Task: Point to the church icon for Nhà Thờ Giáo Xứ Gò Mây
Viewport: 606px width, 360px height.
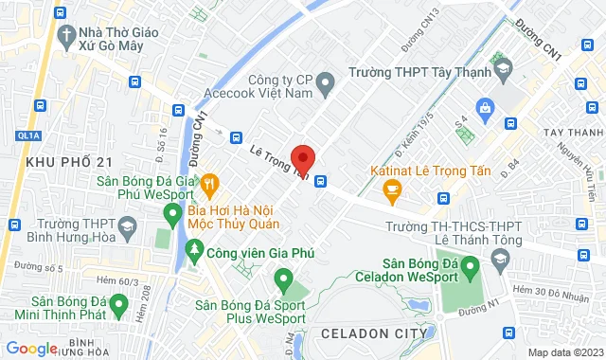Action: click(66, 38)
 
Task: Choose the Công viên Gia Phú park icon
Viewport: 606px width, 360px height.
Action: click(193, 252)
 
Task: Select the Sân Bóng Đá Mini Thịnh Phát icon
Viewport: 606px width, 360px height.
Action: click(118, 305)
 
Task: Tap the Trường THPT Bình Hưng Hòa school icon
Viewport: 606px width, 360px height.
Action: click(125, 229)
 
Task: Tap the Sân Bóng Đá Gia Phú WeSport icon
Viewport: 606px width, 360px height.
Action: click(171, 215)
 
